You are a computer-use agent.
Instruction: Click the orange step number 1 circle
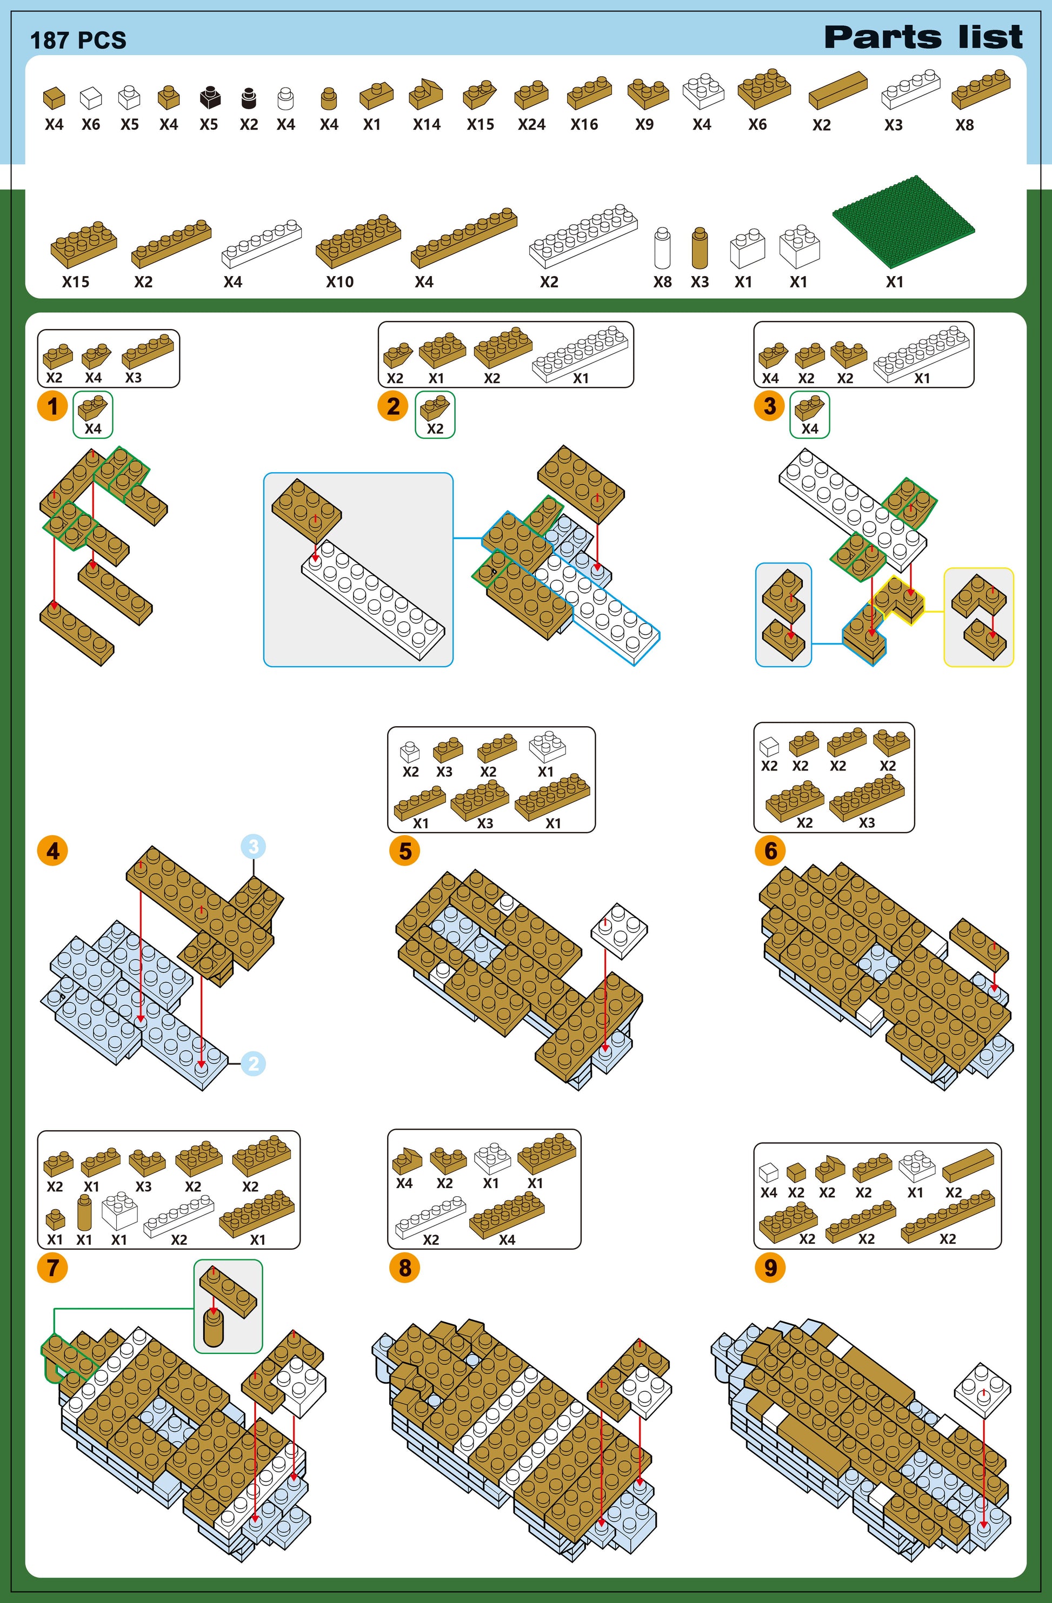tap(52, 406)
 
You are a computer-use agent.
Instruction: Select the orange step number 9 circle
tap(770, 1267)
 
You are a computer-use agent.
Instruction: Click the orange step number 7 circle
tap(52, 1267)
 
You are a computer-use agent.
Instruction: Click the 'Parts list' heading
tap(923, 37)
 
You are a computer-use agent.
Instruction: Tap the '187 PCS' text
tap(78, 41)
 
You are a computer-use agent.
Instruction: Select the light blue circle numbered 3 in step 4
tap(254, 847)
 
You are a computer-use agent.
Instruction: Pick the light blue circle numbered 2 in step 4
tap(254, 1064)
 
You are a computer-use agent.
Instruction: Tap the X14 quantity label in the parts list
tap(427, 125)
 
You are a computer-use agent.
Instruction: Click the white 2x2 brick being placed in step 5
tap(620, 930)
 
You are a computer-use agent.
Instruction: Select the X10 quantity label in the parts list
tap(339, 282)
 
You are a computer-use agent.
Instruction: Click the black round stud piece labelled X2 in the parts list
tap(249, 98)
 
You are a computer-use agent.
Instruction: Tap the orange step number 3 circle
tap(770, 406)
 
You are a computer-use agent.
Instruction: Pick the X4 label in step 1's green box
tap(93, 428)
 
